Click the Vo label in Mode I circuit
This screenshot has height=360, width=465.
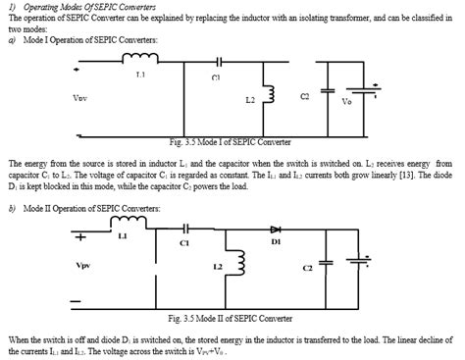[346, 101]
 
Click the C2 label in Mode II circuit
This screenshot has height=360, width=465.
[308, 267]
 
